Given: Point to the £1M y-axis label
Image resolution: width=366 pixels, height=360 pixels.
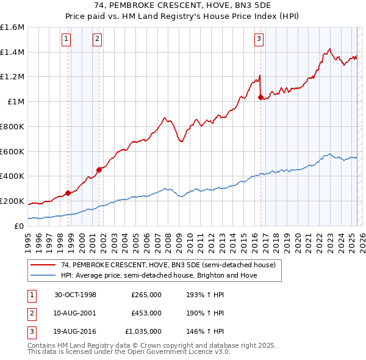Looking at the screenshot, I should click(x=16, y=102).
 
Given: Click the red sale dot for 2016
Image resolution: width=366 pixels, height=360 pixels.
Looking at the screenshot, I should click(x=260, y=97).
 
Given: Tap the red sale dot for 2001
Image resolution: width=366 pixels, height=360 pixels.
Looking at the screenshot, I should click(x=99, y=170).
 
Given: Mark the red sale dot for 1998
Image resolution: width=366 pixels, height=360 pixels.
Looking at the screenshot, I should click(x=68, y=193).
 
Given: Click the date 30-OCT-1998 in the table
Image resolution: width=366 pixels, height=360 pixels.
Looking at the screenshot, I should click(x=76, y=295).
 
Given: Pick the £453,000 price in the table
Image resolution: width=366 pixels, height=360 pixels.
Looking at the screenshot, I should click(x=146, y=313).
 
